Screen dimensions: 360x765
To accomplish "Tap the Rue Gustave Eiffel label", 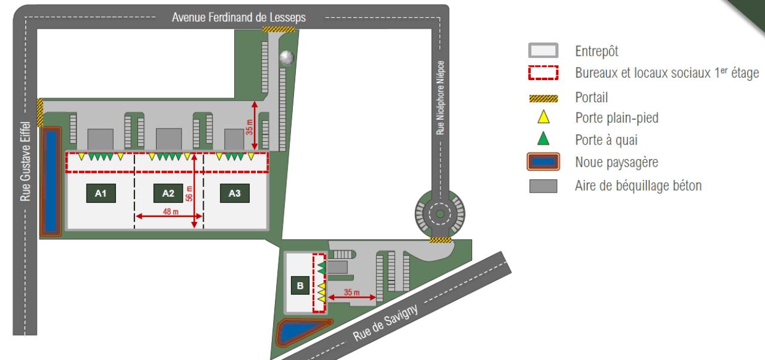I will point(25,168).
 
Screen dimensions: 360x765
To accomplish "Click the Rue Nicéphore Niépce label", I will point(440,98).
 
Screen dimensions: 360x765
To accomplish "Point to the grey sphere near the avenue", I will point(287,57).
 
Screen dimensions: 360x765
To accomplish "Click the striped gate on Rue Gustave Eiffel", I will point(40,112).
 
